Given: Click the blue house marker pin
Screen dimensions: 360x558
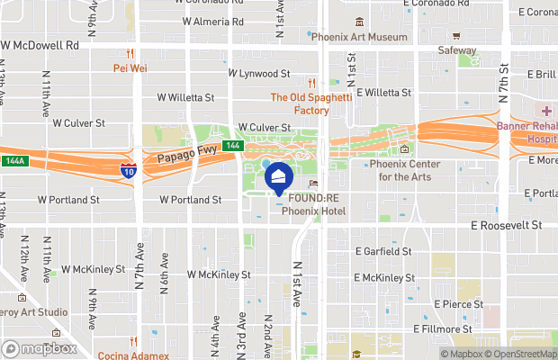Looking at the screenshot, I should [278, 179].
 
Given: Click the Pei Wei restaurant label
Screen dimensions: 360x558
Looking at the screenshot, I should [130, 67].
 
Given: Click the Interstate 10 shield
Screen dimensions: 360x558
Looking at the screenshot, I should [130, 167].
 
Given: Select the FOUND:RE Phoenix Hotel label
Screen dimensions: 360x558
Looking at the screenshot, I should [312, 205].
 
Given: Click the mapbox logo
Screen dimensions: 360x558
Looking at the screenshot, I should [40, 348].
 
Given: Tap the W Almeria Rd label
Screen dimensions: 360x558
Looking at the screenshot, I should [212, 21].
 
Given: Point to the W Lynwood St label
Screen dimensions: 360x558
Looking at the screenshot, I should [259, 73].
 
